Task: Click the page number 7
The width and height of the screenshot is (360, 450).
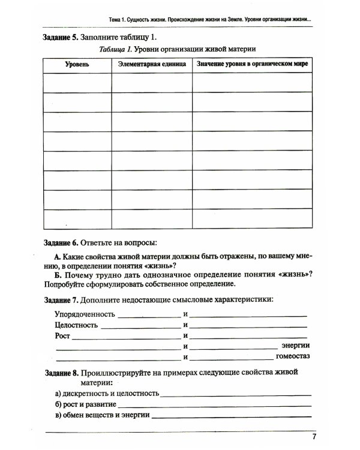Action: (x=314, y=437)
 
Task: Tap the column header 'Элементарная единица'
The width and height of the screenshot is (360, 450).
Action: (x=151, y=64)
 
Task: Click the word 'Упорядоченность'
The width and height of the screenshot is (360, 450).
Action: (x=84, y=314)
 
